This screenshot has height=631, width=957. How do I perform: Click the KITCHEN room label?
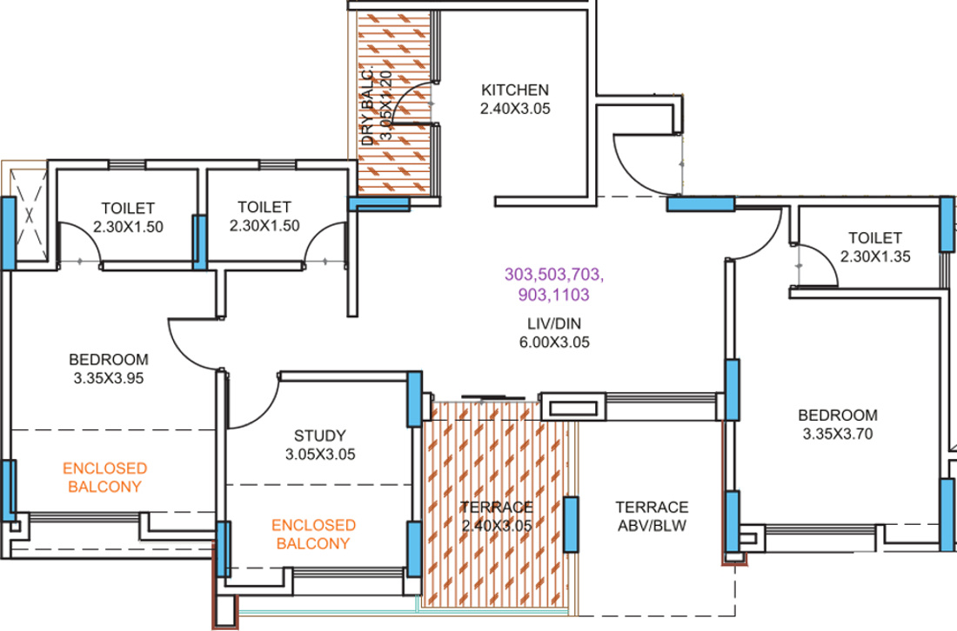(515, 90)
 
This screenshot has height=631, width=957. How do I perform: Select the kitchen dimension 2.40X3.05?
(515, 109)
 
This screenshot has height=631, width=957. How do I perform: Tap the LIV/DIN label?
(553, 324)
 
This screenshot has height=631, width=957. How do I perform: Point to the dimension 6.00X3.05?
(553, 342)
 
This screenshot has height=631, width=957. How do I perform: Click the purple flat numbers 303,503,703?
(553, 275)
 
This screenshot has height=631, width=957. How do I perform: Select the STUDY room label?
(319, 435)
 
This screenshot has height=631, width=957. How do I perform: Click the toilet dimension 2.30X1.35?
(875, 256)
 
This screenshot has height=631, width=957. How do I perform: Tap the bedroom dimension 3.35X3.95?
(109, 378)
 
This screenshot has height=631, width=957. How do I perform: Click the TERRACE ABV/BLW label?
(652, 515)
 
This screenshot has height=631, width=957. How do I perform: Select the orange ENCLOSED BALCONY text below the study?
(313, 535)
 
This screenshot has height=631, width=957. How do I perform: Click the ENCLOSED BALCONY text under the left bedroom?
(104, 477)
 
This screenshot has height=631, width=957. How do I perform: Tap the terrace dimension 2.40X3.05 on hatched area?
(497, 526)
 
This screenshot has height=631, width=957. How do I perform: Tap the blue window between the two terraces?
(571, 524)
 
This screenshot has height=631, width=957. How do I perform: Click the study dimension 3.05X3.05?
(319, 454)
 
